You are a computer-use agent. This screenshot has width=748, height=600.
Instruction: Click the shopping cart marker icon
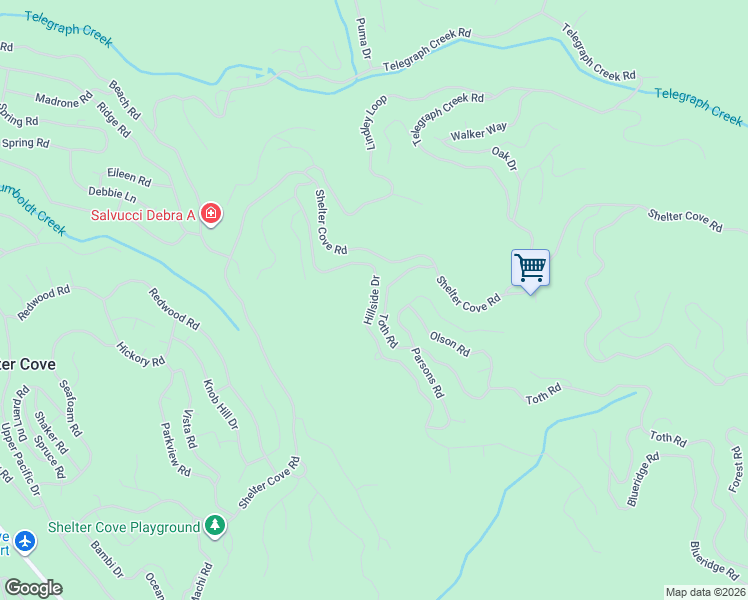530,268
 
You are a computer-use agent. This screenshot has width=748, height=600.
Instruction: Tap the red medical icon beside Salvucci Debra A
210,214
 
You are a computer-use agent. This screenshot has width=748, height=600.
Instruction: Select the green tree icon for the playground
214,526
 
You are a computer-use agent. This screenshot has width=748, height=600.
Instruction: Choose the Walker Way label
479,132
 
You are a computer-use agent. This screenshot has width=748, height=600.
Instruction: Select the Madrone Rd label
64,100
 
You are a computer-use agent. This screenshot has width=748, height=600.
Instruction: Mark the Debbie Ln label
111,194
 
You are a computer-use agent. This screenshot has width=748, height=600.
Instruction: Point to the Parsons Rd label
427,373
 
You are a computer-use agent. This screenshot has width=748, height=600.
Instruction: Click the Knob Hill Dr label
221,404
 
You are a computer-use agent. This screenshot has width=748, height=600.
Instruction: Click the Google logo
32,588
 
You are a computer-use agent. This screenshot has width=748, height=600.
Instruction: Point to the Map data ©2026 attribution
705,592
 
